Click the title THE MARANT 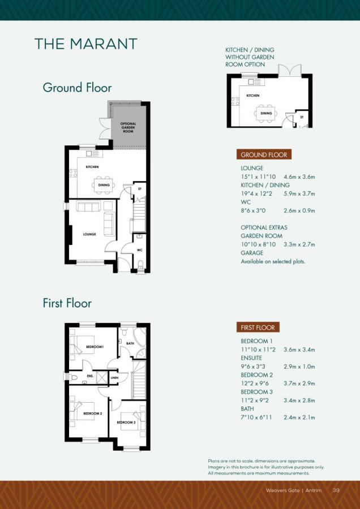(x=85, y=44)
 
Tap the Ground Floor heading (x=77, y=88)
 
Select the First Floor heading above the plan (x=67, y=303)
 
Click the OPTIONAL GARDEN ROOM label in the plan (x=128, y=127)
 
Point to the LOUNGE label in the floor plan (x=89, y=234)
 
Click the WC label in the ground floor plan (x=139, y=249)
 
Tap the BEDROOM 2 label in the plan (x=93, y=414)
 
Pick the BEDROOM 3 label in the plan (x=126, y=422)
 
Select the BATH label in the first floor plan (x=130, y=343)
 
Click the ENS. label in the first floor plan (x=89, y=375)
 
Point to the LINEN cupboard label (x=115, y=377)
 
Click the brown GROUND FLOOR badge (x=264, y=154)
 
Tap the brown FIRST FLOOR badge (x=258, y=327)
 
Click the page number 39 (x=336, y=490)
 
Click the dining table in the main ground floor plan (x=104, y=185)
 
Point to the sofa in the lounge (x=88, y=206)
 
